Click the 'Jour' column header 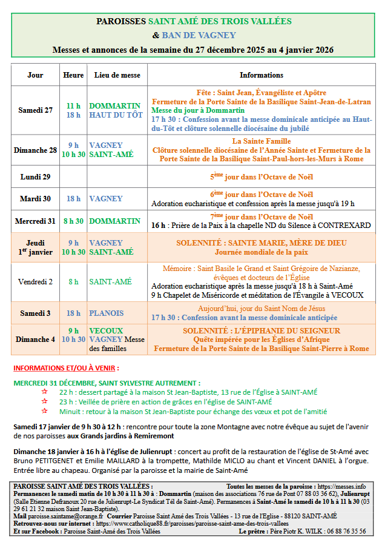[x=35, y=75]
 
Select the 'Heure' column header [x=73, y=75]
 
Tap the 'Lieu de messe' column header [x=117, y=75]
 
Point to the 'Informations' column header [x=262, y=75]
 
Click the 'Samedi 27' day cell [x=35, y=110]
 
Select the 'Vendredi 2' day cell [x=35, y=281]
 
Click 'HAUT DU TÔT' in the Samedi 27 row [x=116, y=115]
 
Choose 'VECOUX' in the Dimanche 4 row [x=106, y=330]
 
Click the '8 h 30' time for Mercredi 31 [x=73, y=221]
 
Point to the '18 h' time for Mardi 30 [x=73, y=198]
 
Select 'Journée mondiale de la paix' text [x=261, y=252]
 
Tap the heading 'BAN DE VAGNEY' [x=199, y=35]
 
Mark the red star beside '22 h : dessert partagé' [x=43, y=392]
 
